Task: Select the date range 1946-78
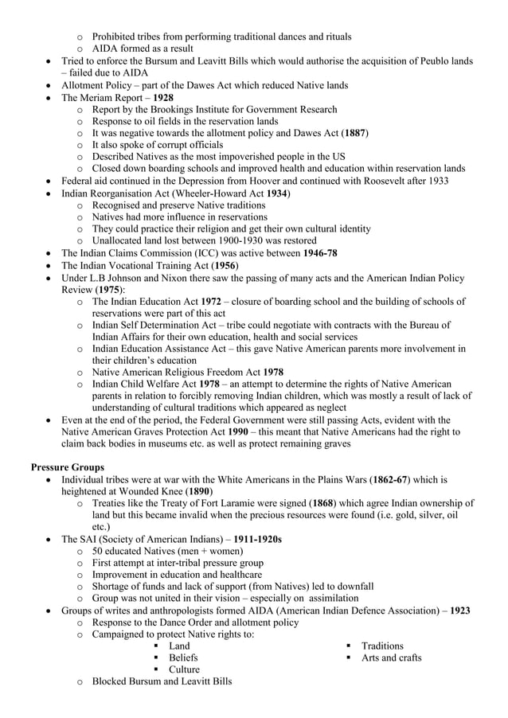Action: (319, 252)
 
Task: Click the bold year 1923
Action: (459, 611)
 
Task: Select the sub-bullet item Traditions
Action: (381, 646)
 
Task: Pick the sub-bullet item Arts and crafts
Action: (391, 658)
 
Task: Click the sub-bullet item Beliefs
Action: (183, 658)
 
